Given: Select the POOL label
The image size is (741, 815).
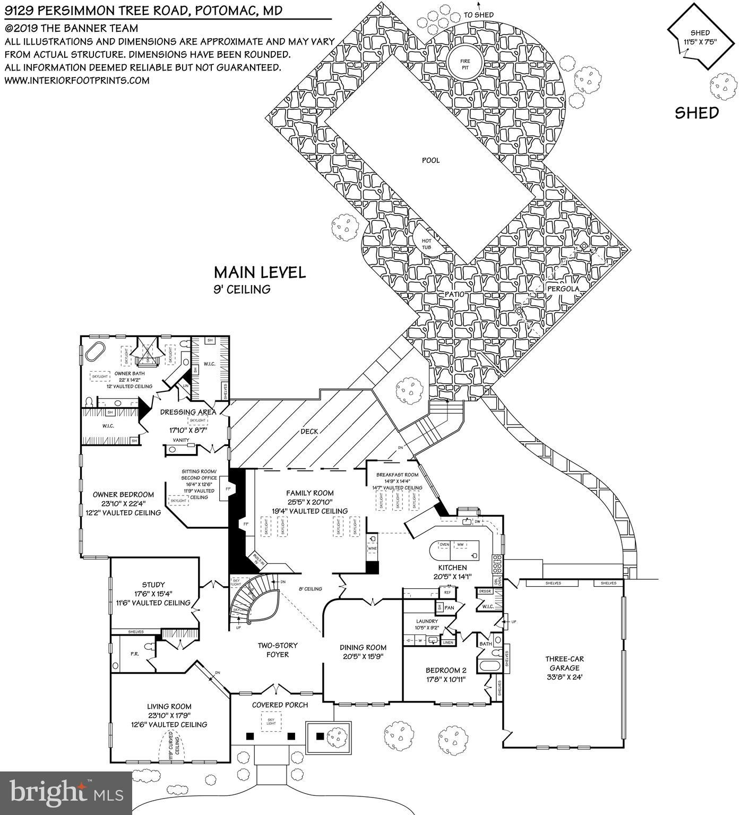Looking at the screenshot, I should coord(430,160).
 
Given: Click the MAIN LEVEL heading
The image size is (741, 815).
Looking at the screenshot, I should coord(260,272).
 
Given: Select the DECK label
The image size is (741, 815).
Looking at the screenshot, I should coord(309,431).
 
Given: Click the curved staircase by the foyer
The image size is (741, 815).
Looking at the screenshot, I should coord(255,600).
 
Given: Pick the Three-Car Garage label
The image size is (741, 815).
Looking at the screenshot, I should coord(564,663).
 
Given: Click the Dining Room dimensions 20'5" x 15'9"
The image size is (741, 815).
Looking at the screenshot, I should coord(363,656).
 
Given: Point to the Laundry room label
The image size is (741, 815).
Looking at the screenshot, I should coord(427,621).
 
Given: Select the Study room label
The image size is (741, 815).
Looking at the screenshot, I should coord(153,585).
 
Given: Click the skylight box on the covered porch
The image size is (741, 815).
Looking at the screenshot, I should coord(271,720).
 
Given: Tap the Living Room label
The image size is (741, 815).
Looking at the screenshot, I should coord(169,706).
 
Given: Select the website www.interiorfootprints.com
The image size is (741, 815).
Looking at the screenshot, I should coord(77,81).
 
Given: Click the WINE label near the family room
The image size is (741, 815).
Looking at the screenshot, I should coord(373,547).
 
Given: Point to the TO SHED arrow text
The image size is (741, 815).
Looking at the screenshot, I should coord(478,15).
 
